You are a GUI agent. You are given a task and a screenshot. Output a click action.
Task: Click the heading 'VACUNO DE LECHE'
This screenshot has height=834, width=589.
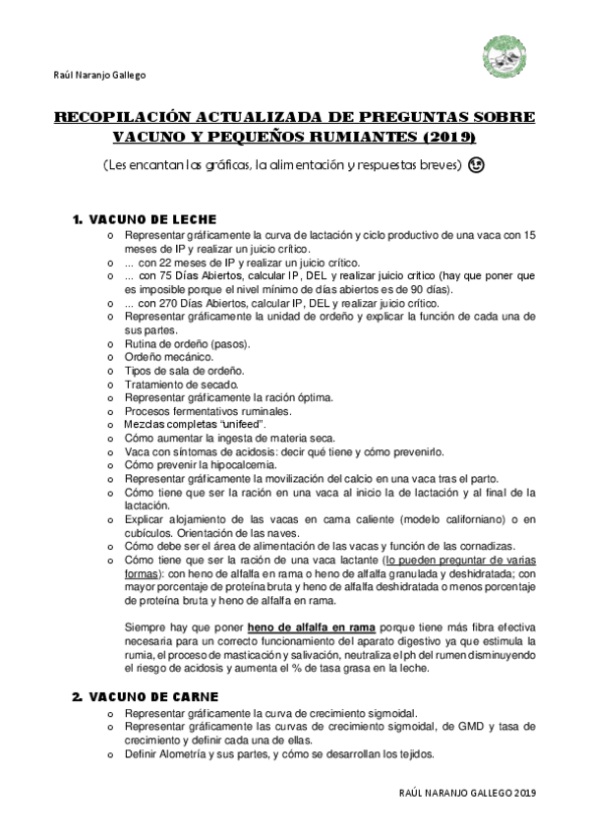coord(152,218)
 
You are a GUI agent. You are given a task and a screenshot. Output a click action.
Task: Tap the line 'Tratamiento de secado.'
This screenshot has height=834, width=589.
coord(176,385)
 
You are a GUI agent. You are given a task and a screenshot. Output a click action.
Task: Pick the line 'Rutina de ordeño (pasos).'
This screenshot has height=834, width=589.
coord(187,344)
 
